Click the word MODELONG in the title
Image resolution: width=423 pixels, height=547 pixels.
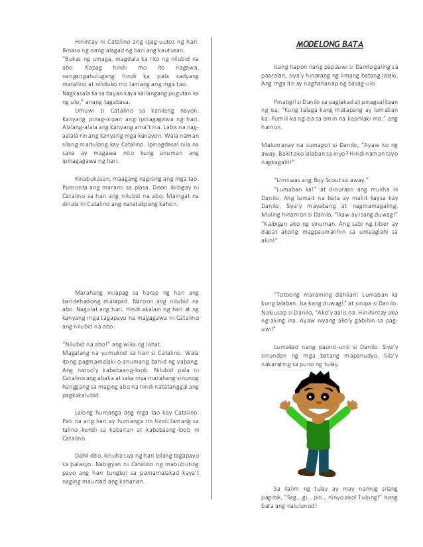(316, 44)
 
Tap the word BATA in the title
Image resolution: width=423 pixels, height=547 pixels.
(351, 44)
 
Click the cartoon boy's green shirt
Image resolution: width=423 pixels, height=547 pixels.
(318, 434)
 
